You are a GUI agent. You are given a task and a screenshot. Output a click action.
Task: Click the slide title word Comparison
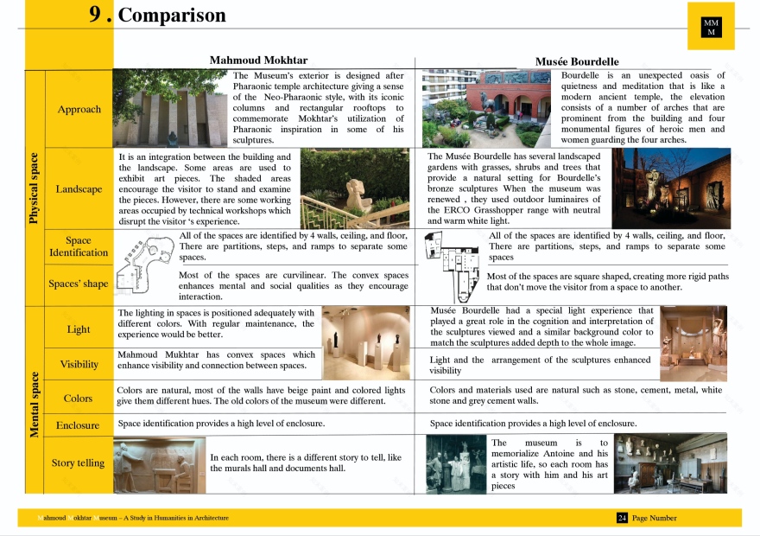pyautogui.click(x=172, y=15)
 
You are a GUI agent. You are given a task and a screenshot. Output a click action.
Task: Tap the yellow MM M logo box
pyautogui.click(x=711, y=27)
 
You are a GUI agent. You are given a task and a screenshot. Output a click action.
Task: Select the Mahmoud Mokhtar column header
pyautogui.click(x=258, y=61)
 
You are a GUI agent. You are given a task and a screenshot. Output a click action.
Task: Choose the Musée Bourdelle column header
pyautogui.click(x=577, y=61)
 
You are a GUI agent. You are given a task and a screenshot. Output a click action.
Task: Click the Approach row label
pyautogui.click(x=79, y=109)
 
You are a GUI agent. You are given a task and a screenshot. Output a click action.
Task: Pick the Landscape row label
pyautogui.click(x=79, y=188)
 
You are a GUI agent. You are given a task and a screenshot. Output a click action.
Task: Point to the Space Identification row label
pyautogui.click(x=79, y=246)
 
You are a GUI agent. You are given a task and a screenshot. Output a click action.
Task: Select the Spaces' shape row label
pyautogui.click(x=79, y=284)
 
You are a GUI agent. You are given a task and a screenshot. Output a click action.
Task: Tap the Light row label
pyautogui.click(x=79, y=329)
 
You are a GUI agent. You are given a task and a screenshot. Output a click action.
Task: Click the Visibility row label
pyautogui.click(x=79, y=364)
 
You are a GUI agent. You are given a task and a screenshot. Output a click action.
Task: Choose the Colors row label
pyautogui.click(x=79, y=399)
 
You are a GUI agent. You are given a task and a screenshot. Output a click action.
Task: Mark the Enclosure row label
pyautogui.click(x=79, y=425)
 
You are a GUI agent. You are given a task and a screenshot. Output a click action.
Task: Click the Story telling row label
pyautogui.click(x=79, y=463)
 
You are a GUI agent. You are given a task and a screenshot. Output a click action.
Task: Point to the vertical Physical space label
pyautogui.click(x=35, y=188)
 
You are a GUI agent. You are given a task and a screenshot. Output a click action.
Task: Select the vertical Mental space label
pyautogui.click(x=35, y=404)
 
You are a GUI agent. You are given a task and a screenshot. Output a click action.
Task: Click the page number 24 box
pyautogui.click(x=622, y=518)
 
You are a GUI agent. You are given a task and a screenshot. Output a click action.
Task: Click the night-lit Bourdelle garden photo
pyautogui.click(x=671, y=188)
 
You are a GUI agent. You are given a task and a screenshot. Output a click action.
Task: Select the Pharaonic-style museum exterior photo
pyautogui.click(x=171, y=108)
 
